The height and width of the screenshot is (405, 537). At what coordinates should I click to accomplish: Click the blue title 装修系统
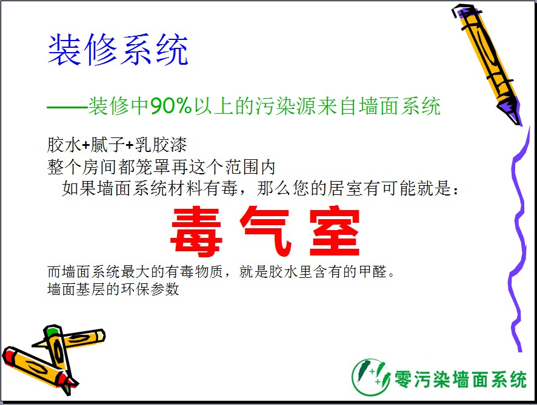(118, 50)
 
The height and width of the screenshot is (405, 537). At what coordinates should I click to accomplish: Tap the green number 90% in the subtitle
(170, 106)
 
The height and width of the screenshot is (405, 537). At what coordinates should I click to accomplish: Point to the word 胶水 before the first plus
(64, 145)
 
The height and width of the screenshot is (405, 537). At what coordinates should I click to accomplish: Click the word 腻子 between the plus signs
(107, 145)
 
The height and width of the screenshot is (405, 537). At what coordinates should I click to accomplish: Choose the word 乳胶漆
(161, 145)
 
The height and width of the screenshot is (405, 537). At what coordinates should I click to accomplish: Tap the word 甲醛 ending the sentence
(373, 272)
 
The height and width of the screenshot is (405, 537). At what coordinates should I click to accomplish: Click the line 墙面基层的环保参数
(113, 289)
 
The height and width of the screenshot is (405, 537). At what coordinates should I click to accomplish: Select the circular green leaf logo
(371, 377)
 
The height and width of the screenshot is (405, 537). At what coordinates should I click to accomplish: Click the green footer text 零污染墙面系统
(460, 380)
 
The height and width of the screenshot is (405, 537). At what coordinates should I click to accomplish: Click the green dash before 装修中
(67, 107)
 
